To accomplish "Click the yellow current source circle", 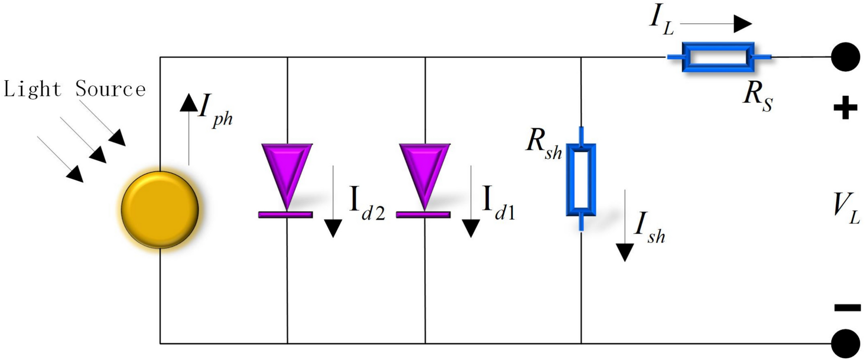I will coord(160,210).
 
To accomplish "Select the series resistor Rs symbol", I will coord(718,57).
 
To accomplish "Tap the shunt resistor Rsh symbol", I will coord(581,179).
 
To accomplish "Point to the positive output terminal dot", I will coord(845,57).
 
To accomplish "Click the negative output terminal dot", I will coord(845,344).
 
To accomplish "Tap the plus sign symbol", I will coord(845,108).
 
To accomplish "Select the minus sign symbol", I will coord(847,308).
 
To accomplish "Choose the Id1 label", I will coord(498,204).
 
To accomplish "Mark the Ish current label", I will coord(650,228).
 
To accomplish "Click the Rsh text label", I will coord(544,144).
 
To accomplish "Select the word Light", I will coord(32,89).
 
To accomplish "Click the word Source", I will coord(110,89).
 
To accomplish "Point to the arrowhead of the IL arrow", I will coord(742,24).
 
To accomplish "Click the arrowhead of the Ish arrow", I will coord(625,252).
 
